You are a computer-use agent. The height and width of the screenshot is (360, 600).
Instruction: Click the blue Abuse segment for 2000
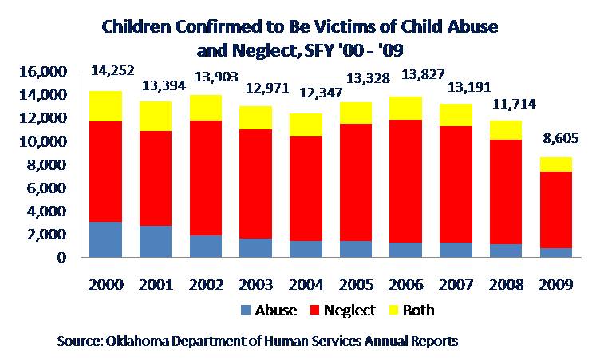106,239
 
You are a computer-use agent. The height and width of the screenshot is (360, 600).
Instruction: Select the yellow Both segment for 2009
556,164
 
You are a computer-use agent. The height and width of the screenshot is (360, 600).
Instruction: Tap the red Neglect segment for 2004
306,188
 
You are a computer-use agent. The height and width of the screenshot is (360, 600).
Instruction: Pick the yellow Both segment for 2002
206,108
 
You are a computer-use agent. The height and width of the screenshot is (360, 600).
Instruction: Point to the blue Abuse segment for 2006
406,250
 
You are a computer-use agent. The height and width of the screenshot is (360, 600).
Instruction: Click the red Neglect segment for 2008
506,192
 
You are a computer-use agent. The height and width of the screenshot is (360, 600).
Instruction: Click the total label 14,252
112,70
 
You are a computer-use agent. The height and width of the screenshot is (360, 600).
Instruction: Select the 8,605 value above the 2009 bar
561,138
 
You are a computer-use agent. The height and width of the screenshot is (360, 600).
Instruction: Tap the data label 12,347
321,93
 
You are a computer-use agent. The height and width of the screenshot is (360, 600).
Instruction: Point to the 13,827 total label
422,74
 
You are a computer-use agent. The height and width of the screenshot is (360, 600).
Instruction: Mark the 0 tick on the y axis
61,257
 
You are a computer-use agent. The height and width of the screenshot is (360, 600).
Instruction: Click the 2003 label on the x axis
255,285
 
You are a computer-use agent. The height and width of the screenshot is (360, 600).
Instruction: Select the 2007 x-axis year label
456,285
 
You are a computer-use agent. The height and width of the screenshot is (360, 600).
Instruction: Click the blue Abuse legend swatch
246,310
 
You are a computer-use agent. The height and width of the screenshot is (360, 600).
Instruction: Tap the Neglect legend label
349,310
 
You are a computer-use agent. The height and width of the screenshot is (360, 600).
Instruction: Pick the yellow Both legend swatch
393,310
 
